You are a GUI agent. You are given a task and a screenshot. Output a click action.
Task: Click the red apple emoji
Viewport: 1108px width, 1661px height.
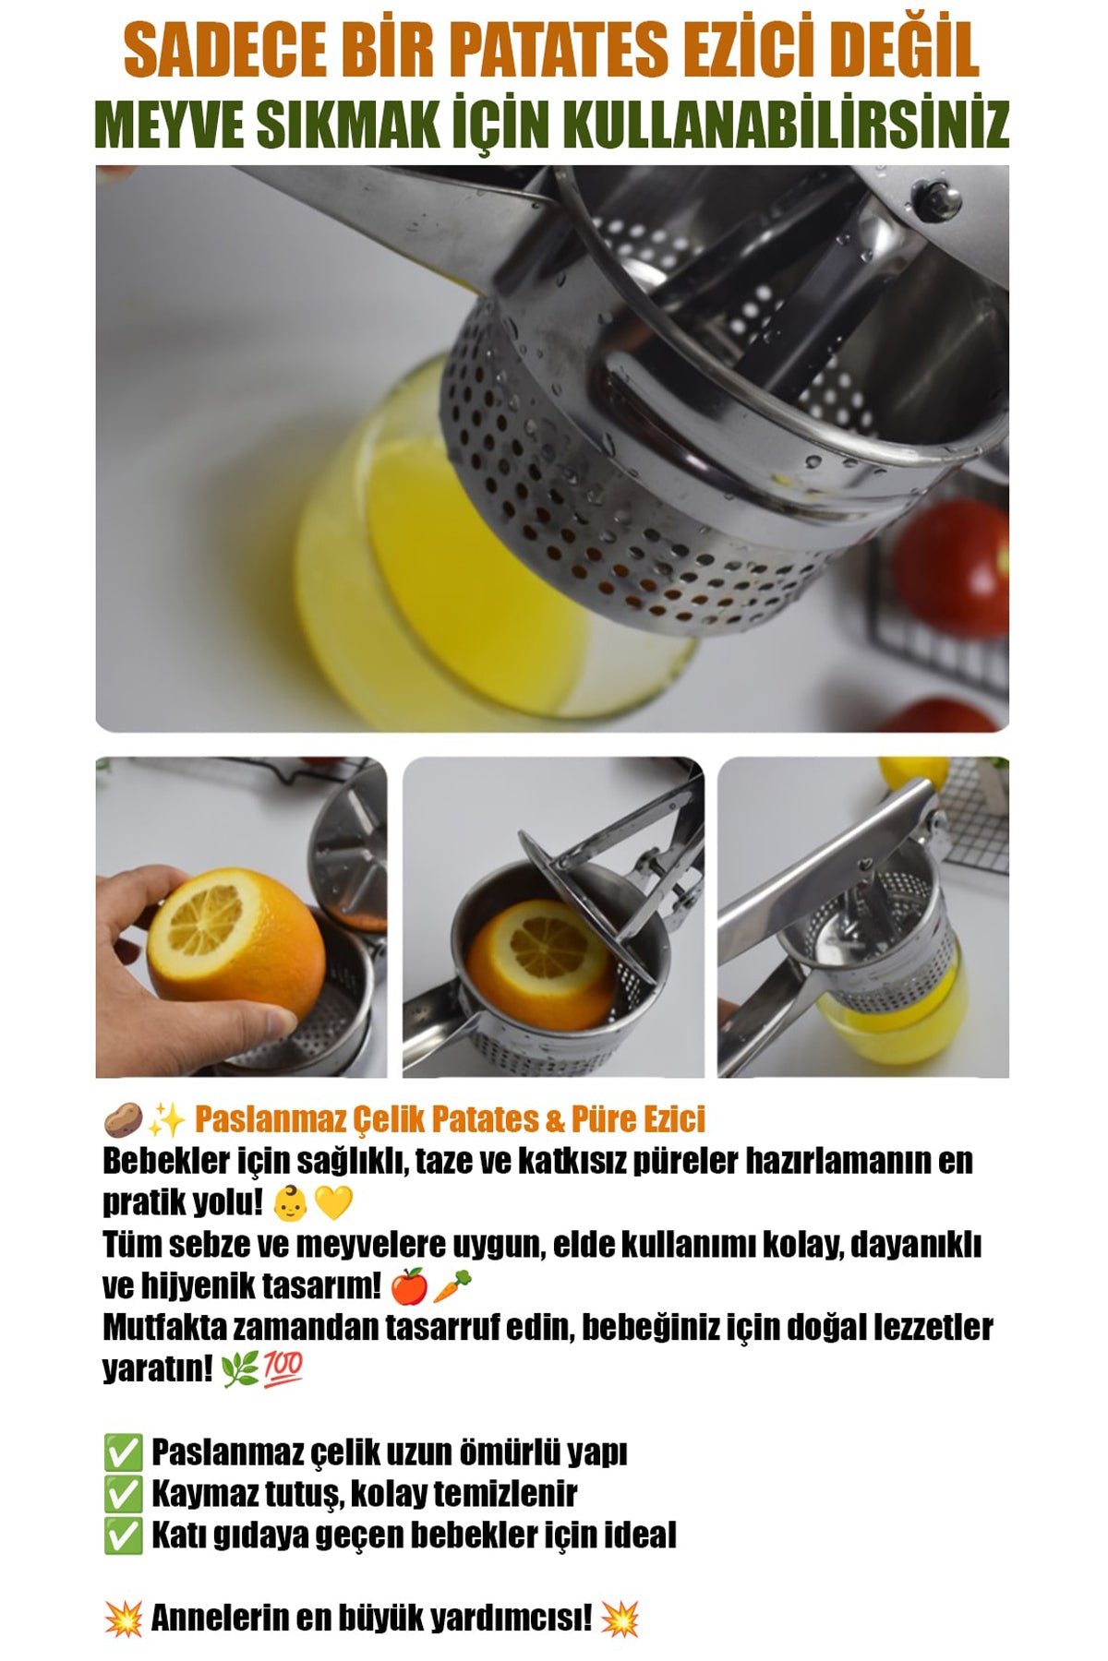pyautogui.click(x=409, y=1286)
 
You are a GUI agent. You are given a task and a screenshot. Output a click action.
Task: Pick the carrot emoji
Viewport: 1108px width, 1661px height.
pyautogui.click(x=452, y=1286)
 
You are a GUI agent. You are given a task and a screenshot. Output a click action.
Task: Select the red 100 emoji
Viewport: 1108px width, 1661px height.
pyautogui.click(x=283, y=1368)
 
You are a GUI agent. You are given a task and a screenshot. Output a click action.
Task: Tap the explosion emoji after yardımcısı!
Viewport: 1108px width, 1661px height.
pyautogui.click(x=620, y=1619)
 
